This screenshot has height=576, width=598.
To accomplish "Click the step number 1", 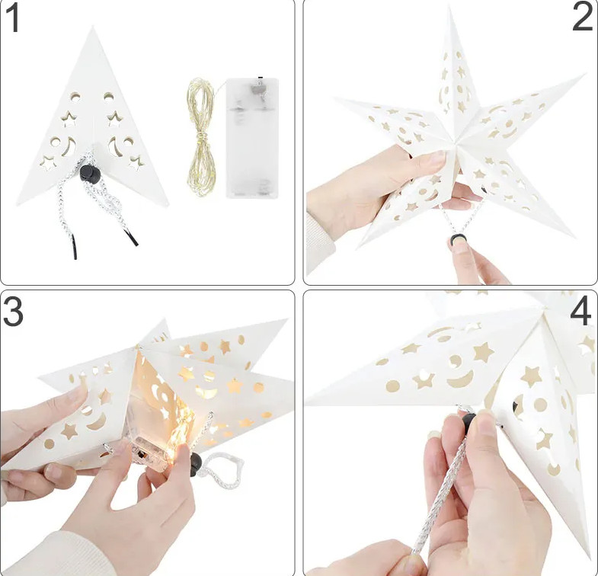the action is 14,18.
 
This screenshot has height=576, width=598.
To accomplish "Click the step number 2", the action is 582,18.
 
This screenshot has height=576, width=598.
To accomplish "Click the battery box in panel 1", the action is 252,138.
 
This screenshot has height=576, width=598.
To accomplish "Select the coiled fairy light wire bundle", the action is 201,137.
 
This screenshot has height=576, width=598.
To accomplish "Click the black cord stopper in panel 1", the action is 90,174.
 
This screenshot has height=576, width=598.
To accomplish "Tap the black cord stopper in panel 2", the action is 458,239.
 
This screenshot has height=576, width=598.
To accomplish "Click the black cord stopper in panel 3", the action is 196,464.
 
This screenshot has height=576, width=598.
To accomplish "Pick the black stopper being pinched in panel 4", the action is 468,421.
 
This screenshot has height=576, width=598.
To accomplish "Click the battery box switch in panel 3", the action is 142,454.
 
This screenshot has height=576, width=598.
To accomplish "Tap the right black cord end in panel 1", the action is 133,238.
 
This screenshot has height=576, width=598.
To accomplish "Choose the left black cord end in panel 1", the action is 75,247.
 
